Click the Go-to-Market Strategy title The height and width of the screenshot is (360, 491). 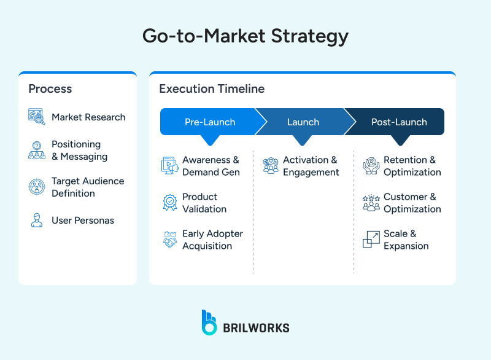coord(245,36)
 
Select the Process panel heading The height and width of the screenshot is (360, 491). coord(50,89)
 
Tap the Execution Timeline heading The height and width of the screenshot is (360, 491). coord(212,89)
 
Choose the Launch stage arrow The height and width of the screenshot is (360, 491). coord(303,122)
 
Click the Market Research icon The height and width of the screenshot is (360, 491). coord(37,117)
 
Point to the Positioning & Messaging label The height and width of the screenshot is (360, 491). coord(79,151)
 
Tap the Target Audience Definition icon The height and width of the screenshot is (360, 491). coord(37,187)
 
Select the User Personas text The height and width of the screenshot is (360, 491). coord(83,221)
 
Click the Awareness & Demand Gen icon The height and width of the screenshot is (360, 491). coord(170,165)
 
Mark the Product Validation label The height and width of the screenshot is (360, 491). coord(204,203)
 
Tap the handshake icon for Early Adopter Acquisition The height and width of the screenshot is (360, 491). coord(170,240)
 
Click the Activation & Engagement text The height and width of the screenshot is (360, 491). coord(311,166)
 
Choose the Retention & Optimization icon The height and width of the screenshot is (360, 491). coord(371,165)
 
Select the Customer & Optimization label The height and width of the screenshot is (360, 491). coord(412,203)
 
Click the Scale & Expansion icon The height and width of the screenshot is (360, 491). coord(371,240)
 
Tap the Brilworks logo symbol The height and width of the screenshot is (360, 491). coord(209,323)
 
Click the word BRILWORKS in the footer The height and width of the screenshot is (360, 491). coord(256,328)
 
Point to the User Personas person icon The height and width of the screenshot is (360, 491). coord(37,221)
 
